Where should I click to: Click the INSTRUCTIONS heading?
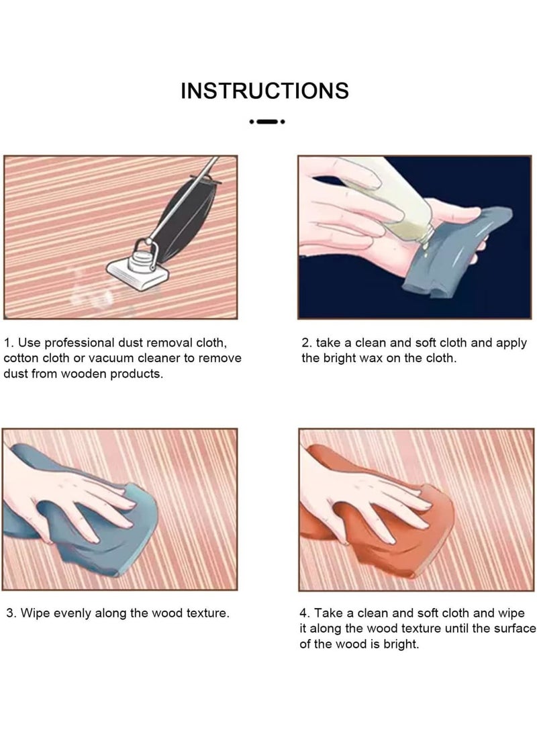(x=264, y=91)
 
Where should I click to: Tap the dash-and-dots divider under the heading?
(x=267, y=122)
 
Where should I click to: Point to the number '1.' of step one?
(x=9, y=343)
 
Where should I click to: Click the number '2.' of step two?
(x=307, y=343)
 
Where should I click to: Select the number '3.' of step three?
(x=11, y=613)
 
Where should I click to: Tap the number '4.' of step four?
(x=305, y=613)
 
